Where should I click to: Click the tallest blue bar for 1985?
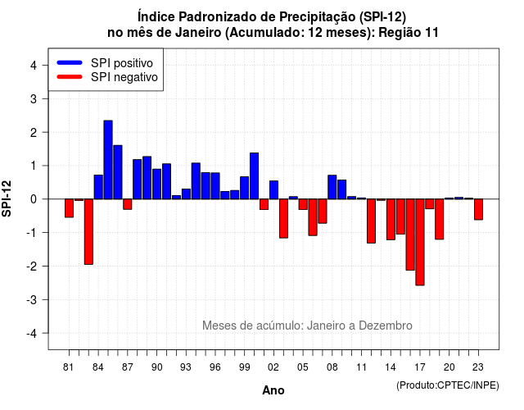click(x=108, y=160)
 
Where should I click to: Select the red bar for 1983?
click(x=88, y=231)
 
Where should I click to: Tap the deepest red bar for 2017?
click(x=420, y=242)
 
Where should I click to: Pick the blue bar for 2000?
click(x=255, y=175)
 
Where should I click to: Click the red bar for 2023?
click(x=478, y=209)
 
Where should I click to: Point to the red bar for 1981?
click(x=69, y=208)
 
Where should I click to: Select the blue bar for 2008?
click(x=332, y=187)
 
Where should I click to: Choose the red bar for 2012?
click(x=371, y=221)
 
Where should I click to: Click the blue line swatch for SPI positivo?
click(x=70, y=62)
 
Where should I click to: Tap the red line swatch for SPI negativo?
click(x=70, y=76)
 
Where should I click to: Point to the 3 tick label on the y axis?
click(x=34, y=98)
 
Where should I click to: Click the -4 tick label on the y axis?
click(x=32, y=334)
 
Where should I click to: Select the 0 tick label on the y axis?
click(x=34, y=199)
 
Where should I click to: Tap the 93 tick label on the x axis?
click(x=186, y=367)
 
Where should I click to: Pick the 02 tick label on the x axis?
click(x=273, y=367)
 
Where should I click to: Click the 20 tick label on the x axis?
click(x=449, y=367)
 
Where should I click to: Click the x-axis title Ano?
click(x=273, y=390)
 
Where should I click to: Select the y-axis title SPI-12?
click(x=7, y=198)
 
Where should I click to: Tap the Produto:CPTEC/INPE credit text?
click(x=448, y=385)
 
